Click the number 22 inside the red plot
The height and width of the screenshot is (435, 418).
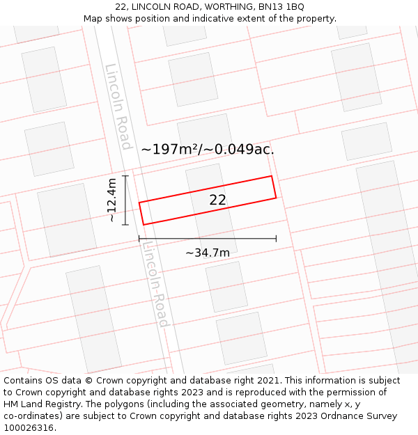tap(218, 200)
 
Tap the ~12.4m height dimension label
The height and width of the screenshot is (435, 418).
tap(111, 200)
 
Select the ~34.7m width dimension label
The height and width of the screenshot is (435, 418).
tap(208, 253)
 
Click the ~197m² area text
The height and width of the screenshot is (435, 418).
tap(171, 149)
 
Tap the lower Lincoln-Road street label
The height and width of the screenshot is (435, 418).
tap(155, 284)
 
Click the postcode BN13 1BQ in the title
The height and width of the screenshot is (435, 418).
tap(281, 6)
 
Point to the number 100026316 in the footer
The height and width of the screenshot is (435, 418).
tap(28, 428)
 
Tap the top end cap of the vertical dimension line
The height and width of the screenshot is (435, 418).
tap(125, 176)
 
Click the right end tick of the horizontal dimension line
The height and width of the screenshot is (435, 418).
tap(276, 239)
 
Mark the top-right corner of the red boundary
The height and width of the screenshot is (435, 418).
tap(271, 176)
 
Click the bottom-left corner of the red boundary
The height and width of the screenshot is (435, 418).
tap(144, 224)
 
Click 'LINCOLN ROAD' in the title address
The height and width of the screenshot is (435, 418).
tap(161, 6)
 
